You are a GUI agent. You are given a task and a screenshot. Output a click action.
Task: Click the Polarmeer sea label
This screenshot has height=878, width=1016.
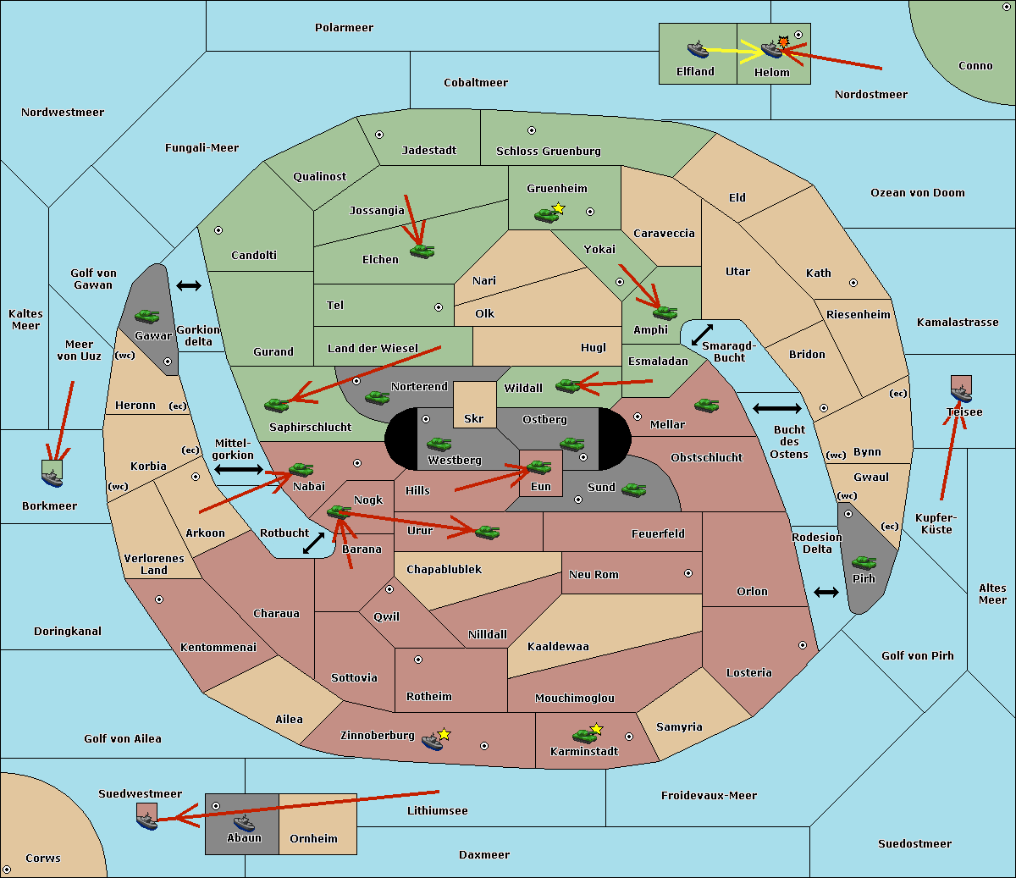tap(344, 28)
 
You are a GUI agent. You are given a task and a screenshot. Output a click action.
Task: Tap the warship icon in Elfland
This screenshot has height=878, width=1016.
tap(698, 48)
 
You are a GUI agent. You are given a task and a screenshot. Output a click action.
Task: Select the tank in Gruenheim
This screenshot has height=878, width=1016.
tap(547, 215)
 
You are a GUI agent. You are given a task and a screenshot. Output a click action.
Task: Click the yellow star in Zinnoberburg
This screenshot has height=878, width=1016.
tap(444, 734)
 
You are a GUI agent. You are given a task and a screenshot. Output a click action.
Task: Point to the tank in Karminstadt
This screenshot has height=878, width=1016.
tap(585, 736)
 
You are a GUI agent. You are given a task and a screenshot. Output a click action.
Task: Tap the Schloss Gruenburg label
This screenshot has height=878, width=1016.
tap(549, 151)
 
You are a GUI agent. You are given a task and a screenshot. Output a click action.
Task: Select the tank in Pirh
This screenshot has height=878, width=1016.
tap(864, 562)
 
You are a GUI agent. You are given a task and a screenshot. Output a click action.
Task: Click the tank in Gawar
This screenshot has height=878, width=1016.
tap(147, 316)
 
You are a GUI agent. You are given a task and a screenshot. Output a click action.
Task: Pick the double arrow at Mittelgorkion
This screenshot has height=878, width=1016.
tap(239, 469)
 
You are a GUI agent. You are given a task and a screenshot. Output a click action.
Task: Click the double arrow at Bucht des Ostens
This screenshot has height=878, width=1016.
tap(776, 408)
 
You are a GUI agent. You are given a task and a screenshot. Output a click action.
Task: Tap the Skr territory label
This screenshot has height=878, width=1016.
tap(474, 418)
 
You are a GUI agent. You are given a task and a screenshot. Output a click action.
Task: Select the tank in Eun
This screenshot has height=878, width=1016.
tap(538, 467)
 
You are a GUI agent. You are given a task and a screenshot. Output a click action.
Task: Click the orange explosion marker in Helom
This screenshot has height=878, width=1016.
tap(783, 41)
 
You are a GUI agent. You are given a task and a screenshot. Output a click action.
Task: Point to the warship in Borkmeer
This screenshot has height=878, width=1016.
tap(52, 478)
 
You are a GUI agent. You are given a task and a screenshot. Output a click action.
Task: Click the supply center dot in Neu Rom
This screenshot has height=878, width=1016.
tap(688, 573)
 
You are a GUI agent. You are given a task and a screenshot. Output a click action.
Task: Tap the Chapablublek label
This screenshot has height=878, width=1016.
tap(444, 569)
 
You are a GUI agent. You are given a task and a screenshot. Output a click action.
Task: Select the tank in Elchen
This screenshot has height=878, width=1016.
tap(422, 251)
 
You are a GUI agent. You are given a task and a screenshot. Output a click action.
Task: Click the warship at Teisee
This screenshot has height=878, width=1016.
tap(961, 394)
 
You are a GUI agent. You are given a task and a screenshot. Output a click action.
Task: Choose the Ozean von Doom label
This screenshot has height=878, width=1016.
tap(918, 193)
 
